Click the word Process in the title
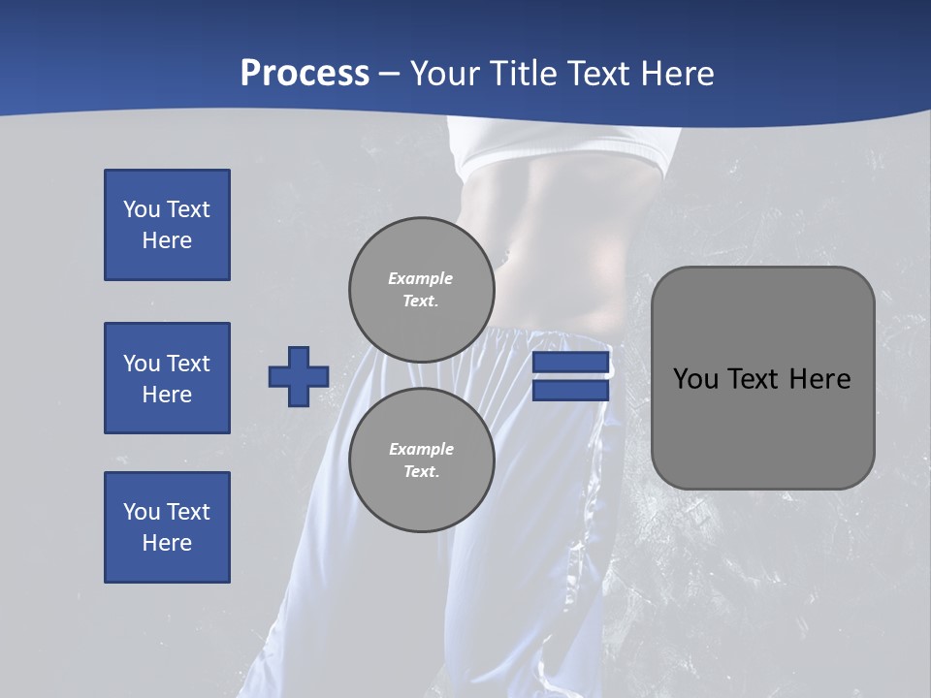305,74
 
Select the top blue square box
167,225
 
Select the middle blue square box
167,378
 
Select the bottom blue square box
167,527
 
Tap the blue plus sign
299,376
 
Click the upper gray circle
421,289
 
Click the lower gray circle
421,460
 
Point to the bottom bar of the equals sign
571,391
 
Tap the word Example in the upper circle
421,278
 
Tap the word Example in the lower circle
421,449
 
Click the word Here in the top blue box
167,240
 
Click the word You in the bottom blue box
142,512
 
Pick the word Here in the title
676,74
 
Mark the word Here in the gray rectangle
819,379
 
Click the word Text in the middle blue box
188,364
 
